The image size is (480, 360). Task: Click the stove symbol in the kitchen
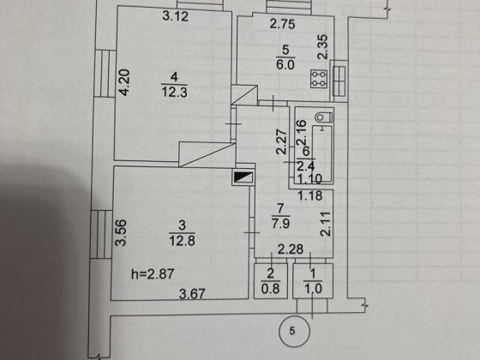pyautogui.click(x=319, y=79)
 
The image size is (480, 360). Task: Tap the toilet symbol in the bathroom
pyautogui.click(x=324, y=117)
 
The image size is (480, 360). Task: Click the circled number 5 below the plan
pyautogui.click(x=295, y=331)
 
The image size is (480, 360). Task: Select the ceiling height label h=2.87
pyautogui.click(x=153, y=274)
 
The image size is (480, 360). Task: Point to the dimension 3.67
pyautogui.click(x=192, y=294)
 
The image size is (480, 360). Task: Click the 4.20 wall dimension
pyautogui.click(x=124, y=82)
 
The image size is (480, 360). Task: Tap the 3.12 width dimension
pyautogui.click(x=175, y=16)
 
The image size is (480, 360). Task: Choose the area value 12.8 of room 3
pyautogui.click(x=182, y=241)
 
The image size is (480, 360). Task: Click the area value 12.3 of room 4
pyautogui.click(x=175, y=92)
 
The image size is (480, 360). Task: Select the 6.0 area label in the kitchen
pyautogui.click(x=285, y=65)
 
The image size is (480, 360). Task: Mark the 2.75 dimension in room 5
pyautogui.click(x=283, y=24)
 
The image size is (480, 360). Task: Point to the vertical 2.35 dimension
pyautogui.click(x=322, y=47)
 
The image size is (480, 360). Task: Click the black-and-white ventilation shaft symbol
pyautogui.click(x=243, y=177)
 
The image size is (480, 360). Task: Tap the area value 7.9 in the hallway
pyautogui.click(x=280, y=223)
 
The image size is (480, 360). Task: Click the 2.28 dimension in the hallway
pyautogui.click(x=291, y=249)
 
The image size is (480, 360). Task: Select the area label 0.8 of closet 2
pyautogui.click(x=271, y=288)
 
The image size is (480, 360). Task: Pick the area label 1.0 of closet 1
pyautogui.click(x=313, y=288)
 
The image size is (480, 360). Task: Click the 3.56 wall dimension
pyautogui.click(x=121, y=232)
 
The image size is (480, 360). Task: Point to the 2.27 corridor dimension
pyautogui.click(x=281, y=142)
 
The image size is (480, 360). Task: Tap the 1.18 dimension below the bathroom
pyautogui.click(x=310, y=195)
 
